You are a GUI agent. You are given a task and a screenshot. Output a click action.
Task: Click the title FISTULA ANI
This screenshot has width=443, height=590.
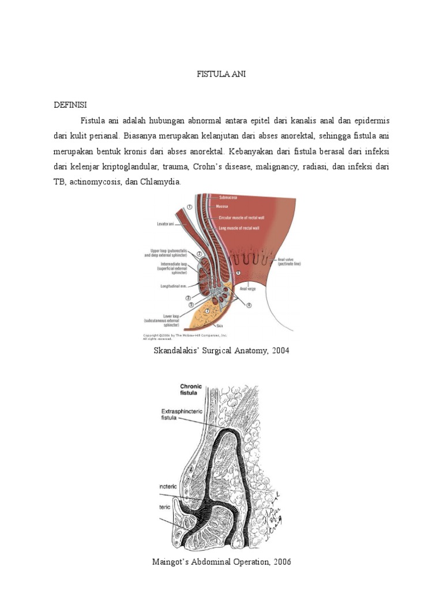click(x=221, y=74)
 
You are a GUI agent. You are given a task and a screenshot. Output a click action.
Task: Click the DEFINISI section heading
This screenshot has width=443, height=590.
click(x=70, y=105)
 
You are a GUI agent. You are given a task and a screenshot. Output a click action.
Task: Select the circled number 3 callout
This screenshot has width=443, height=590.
click(x=188, y=298)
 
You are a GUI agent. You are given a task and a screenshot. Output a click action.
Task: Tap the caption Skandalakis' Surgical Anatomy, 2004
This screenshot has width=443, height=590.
click(x=221, y=350)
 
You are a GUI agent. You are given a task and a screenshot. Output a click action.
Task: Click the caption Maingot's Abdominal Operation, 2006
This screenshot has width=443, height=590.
click(x=221, y=561)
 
